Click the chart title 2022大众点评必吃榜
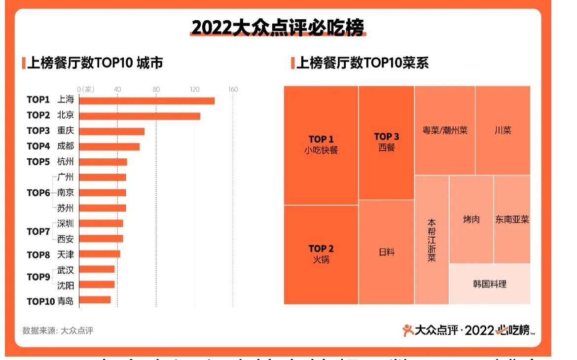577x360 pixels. [x=278, y=28]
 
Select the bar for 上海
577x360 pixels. [x=147, y=101]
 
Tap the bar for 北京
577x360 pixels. [x=140, y=116]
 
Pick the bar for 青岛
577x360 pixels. [x=95, y=300]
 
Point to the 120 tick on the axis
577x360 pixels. [x=195, y=89]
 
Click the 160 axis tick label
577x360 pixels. [x=233, y=89]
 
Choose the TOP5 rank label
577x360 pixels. [x=38, y=162]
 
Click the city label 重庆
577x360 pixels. [x=66, y=131]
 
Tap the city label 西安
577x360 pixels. [x=66, y=239]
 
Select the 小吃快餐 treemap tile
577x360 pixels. [x=321, y=145]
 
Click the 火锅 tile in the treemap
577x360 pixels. [x=321, y=254]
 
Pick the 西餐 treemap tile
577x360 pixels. [x=387, y=143]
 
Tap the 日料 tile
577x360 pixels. [x=387, y=252]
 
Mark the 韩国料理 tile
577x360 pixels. [x=490, y=284]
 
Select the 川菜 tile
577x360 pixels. [x=503, y=131]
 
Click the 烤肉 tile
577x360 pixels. [x=471, y=219]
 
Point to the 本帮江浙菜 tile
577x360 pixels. [x=432, y=240]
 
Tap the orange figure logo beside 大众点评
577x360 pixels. [x=408, y=330]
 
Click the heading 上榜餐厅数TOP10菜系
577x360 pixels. [x=362, y=63]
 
